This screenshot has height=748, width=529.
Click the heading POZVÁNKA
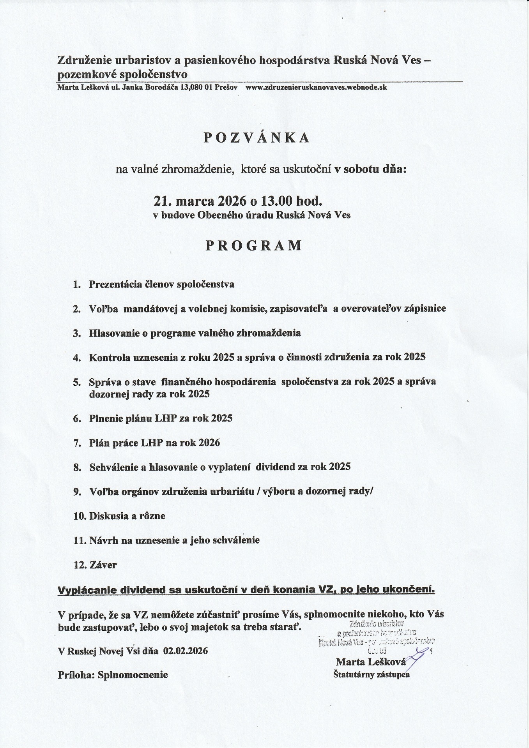pyautogui.click(x=257, y=138)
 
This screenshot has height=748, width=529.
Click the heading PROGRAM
pyautogui.click(x=254, y=245)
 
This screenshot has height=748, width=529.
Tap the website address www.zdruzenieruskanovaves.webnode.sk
pyautogui.click(x=316, y=87)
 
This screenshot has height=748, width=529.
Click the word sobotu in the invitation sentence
pyautogui.click(x=361, y=169)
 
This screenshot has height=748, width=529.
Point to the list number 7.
pyautogui.click(x=77, y=443)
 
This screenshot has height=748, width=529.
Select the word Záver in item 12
pyautogui.click(x=103, y=565)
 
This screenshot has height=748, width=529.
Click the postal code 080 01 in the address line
pyautogui.click(x=199, y=87)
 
